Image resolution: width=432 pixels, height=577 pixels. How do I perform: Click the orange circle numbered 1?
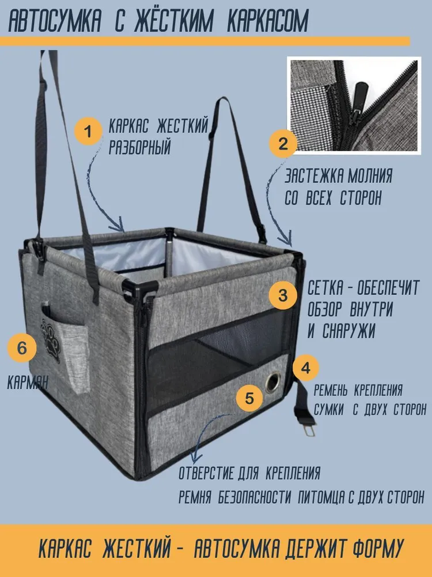click(88, 131)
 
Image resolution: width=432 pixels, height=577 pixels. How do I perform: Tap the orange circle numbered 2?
click(283, 144)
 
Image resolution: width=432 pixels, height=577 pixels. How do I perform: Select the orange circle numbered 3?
click(283, 295)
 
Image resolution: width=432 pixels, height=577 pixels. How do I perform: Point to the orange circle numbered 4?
click(306, 368)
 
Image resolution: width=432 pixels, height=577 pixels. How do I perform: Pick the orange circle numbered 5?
click(250, 398)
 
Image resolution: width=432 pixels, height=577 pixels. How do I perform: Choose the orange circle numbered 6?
click(22, 347)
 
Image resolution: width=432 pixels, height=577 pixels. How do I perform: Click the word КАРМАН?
click(28, 383)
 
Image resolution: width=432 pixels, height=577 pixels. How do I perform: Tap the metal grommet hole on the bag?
click(272, 382)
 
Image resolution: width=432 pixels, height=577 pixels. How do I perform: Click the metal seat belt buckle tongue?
click(309, 429)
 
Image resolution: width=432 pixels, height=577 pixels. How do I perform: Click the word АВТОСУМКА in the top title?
click(54, 22)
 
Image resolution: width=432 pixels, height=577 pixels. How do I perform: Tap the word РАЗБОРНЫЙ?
click(140, 147)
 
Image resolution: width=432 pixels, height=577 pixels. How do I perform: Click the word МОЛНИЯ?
click(370, 176)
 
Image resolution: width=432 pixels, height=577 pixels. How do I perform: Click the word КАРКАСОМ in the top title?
click(268, 22)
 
